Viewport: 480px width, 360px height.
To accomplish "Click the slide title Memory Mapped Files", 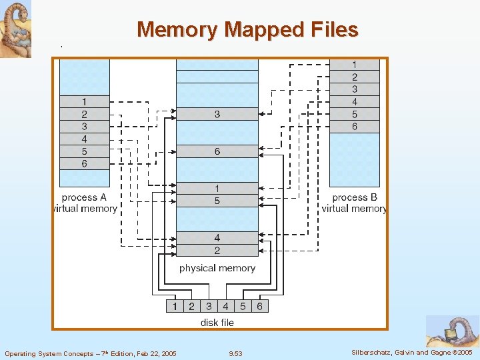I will pyautogui.click(x=247, y=30).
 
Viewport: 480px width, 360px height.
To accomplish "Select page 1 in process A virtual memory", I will pyautogui.click(x=85, y=101).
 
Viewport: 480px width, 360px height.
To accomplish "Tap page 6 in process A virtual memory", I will pyautogui.click(x=85, y=164).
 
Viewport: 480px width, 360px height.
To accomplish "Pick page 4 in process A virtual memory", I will pyautogui.click(x=85, y=139).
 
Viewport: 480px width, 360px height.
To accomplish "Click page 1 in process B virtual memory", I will pyautogui.click(x=355, y=65).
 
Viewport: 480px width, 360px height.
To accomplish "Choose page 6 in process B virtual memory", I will pyautogui.click(x=355, y=127).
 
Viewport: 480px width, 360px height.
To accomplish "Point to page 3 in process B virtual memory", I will pyautogui.click(x=355, y=89).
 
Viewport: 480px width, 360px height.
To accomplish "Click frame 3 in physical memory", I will pyautogui.click(x=217, y=115).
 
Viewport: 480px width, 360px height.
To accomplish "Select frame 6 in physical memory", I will pyautogui.click(x=217, y=152).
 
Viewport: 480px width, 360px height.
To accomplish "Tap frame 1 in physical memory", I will pyautogui.click(x=217, y=189).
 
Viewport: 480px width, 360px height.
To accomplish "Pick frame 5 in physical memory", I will pyautogui.click(x=217, y=201).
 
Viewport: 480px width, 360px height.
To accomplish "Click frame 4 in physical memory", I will pyautogui.click(x=217, y=238).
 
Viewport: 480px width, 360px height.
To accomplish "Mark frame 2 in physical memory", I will pyautogui.click(x=217, y=251).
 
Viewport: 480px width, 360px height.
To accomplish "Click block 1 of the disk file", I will pyautogui.click(x=175, y=307).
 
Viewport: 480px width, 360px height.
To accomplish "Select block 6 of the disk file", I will pyautogui.click(x=259, y=307).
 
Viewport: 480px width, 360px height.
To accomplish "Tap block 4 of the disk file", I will pyautogui.click(x=225, y=307).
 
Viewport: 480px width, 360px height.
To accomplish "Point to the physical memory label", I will pyautogui.click(x=217, y=268).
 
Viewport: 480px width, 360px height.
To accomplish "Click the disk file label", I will pyautogui.click(x=217, y=323).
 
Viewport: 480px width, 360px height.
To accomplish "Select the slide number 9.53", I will pyautogui.click(x=235, y=353).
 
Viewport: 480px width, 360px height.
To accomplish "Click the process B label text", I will pyautogui.click(x=355, y=197).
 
